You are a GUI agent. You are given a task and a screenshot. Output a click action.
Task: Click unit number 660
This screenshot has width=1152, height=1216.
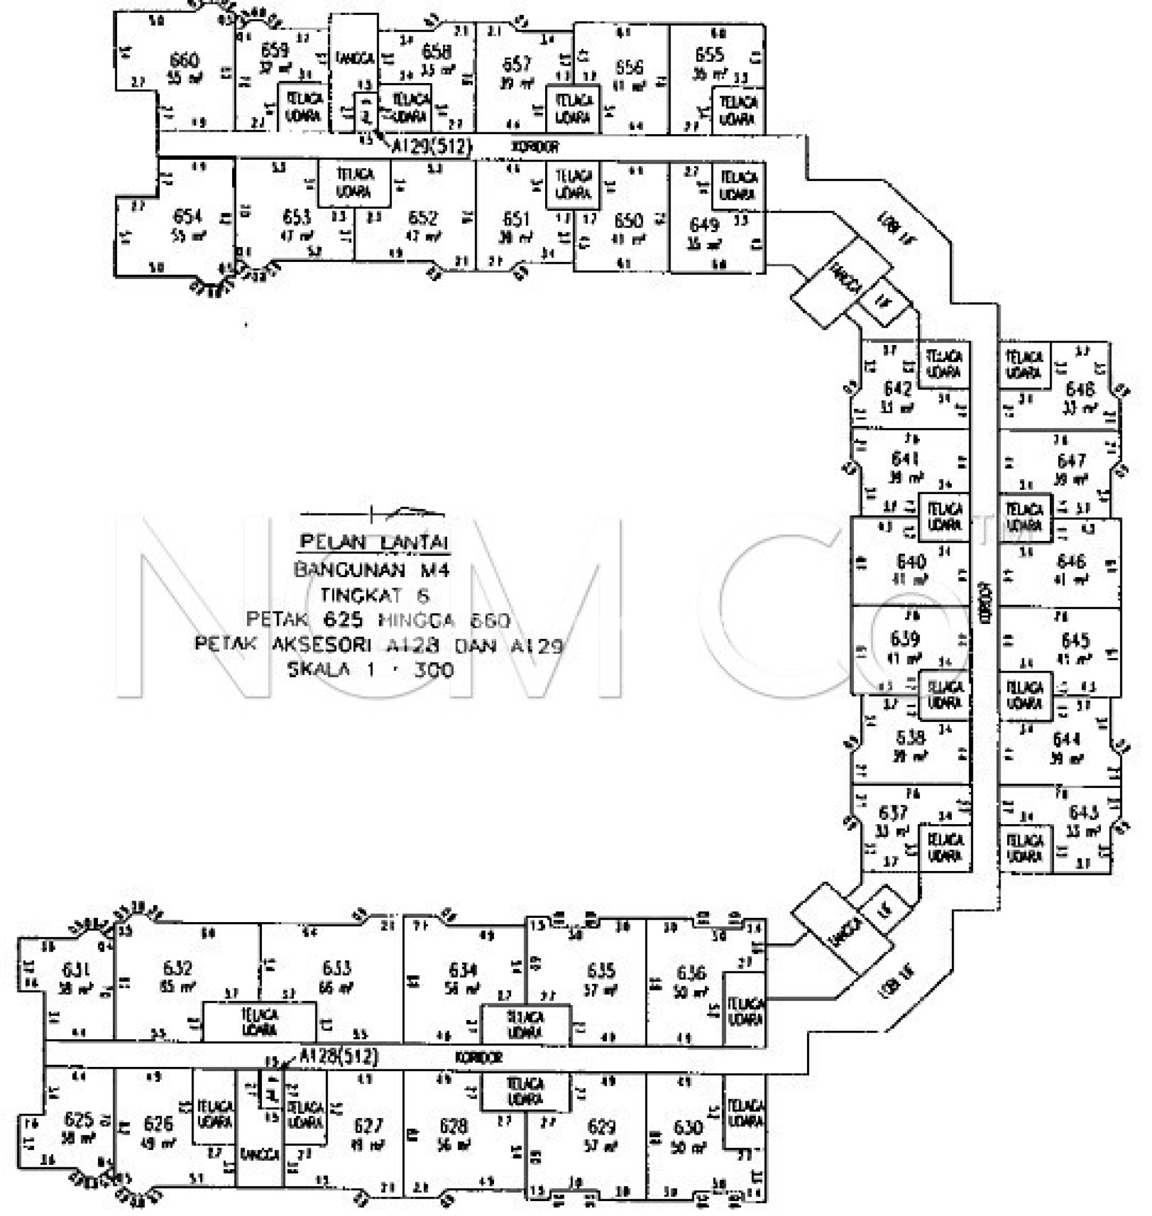(183, 61)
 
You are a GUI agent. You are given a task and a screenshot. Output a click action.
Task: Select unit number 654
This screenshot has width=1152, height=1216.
(187, 216)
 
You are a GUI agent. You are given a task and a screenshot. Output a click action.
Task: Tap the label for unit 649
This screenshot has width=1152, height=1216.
(704, 225)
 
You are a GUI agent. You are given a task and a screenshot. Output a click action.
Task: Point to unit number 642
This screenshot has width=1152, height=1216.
(897, 389)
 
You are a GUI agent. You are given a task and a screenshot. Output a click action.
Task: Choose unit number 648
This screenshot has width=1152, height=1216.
(1080, 389)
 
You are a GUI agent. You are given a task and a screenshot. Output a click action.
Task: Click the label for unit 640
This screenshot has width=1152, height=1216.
(912, 561)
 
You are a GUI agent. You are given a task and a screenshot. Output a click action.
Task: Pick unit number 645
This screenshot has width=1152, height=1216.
(1075, 641)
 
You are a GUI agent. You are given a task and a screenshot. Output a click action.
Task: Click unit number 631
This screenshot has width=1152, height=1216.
(76, 970)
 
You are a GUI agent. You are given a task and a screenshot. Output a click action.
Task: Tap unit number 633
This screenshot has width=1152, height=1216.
(337, 968)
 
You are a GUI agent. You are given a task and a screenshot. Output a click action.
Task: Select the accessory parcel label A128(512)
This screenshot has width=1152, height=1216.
(338, 1056)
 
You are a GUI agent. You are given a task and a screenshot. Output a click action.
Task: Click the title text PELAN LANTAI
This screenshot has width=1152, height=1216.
(374, 542)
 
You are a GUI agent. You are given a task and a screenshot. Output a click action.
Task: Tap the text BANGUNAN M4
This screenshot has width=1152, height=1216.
(372, 570)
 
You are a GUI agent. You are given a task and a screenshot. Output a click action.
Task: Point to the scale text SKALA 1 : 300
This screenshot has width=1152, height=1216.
(371, 669)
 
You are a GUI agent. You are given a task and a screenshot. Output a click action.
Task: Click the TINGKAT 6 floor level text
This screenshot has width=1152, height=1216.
(375, 595)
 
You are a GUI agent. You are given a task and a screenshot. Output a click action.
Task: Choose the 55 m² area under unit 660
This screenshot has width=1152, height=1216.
(185, 78)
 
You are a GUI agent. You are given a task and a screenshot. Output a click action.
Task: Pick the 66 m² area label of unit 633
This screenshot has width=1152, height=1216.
(335, 988)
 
